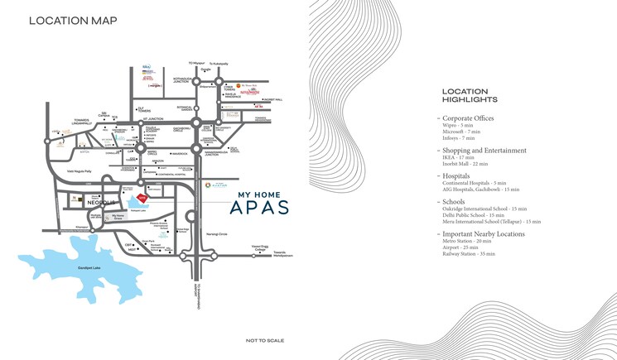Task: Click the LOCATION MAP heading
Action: click(x=73, y=21)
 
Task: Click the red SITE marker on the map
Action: click(x=142, y=198)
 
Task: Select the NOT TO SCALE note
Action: click(x=265, y=340)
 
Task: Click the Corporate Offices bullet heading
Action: click(x=468, y=118)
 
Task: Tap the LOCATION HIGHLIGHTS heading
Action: click(x=470, y=95)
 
